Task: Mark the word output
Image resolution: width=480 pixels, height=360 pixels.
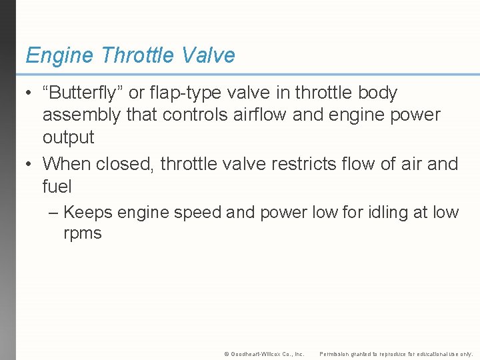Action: [x=68, y=137]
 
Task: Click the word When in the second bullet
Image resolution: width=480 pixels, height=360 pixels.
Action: [x=67, y=163]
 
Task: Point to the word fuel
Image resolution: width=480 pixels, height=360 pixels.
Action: [x=57, y=186]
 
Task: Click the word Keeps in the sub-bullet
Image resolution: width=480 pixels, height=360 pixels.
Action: [x=89, y=213]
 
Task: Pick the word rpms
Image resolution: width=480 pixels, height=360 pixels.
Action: [x=83, y=233]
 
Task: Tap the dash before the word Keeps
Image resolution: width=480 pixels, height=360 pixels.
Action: [x=54, y=213]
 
